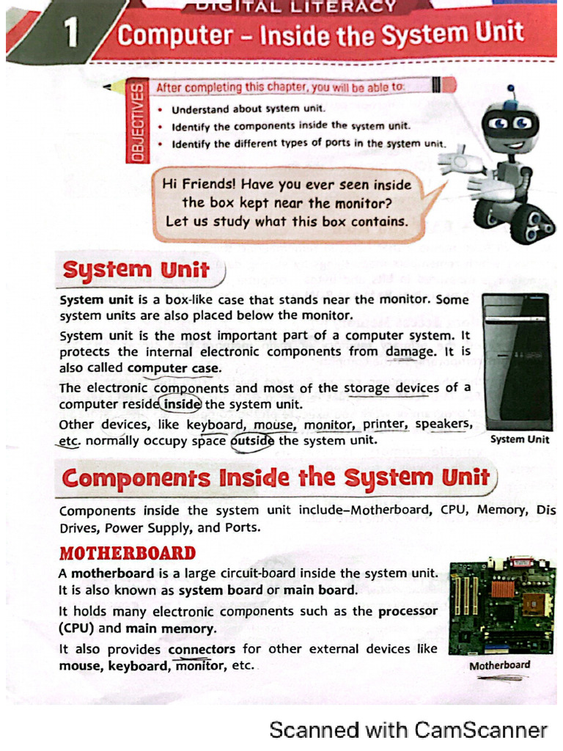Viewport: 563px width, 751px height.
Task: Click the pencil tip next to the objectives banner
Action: click(110, 87)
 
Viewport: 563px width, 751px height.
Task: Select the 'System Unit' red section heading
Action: click(136, 270)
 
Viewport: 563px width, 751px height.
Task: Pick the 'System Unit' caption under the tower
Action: click(519, 439)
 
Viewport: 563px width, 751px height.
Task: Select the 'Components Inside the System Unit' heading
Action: click(276, 478)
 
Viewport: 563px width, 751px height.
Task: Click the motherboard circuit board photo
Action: click(501, 608)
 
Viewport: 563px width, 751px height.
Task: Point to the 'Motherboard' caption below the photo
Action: click(499, 665)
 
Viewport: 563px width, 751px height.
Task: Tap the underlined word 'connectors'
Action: click(202, 649)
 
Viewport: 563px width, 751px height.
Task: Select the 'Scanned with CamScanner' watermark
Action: click(408, 730)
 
